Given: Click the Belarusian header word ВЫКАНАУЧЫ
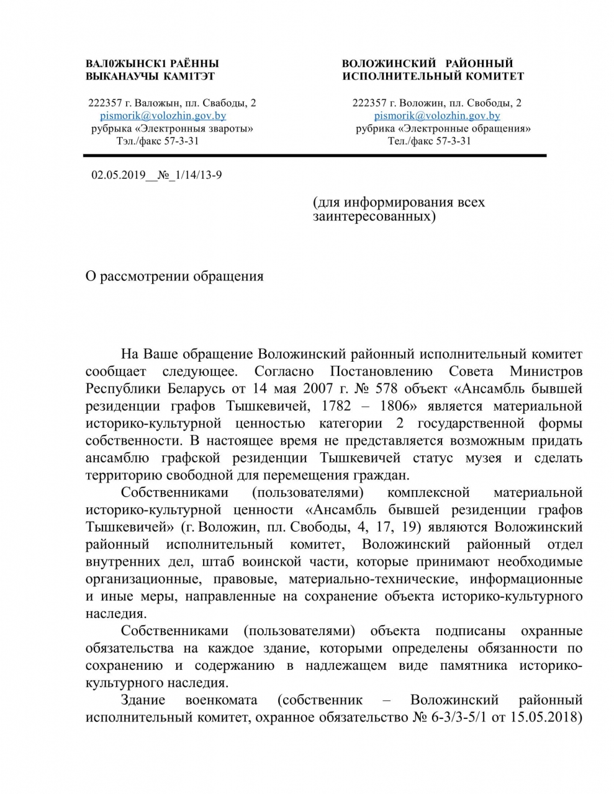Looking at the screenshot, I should pyautogui.click(x=113, y=76).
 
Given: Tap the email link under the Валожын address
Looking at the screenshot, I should pyautogui.click(x=163, y=115).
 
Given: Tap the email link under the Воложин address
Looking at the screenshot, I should pyautogui.click(x=437, y=115).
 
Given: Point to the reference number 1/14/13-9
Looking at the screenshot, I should pyautogui.click(x=199, y=175).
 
